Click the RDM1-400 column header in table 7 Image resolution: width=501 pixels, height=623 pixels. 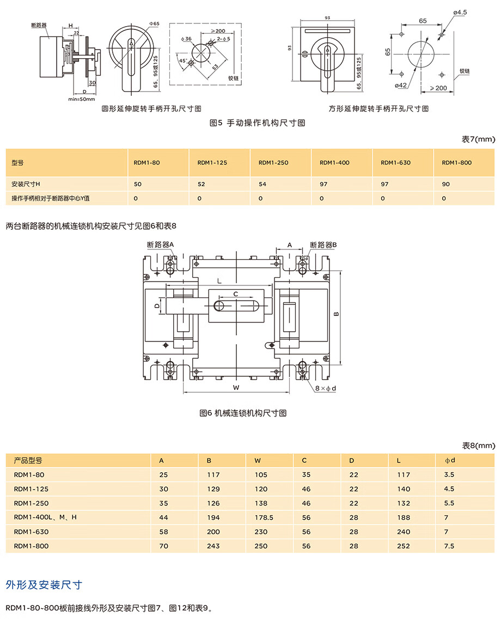pos(334,162)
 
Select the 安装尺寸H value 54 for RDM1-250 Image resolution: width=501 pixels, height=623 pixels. pos(262,184)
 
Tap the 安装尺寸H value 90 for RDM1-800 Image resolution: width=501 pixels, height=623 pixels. pos(445,184)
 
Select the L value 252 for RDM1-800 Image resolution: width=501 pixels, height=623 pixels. pos(403,546)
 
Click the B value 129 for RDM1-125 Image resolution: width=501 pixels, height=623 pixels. pos(213,489)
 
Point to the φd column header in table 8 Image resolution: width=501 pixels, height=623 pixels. pos(450,461)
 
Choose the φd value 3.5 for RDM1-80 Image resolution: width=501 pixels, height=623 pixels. pos(449,475)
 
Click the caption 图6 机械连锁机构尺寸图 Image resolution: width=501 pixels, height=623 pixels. pos(243,413)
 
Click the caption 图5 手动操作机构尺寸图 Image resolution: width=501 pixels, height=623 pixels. pos(258,123)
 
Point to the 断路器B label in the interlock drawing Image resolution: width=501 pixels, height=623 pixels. pos(323,245)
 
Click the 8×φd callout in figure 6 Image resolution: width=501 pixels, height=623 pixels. pos(326,388)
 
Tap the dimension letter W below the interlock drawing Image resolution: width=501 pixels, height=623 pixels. pos(236,388)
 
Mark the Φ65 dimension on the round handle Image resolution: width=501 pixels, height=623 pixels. pos(154,24)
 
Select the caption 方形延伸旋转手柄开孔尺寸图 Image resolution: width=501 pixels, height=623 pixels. pos(378,108)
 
